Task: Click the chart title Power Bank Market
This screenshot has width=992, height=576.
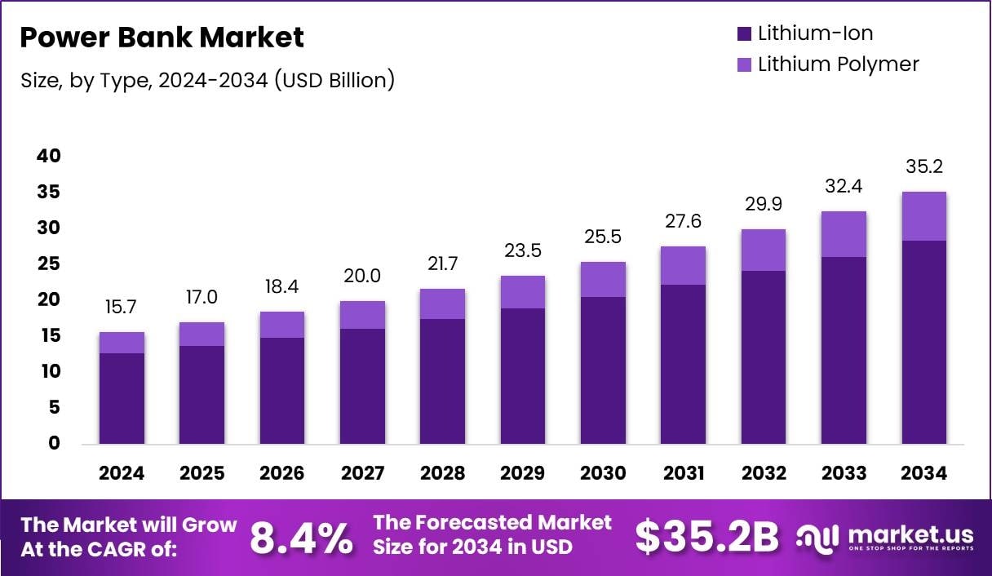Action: tap(162, 38)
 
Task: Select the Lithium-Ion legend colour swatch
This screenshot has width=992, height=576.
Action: tap(743, 34)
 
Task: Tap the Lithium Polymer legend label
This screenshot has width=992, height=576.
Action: tap(838, 64)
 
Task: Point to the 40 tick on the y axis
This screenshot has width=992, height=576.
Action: tap(49, 156)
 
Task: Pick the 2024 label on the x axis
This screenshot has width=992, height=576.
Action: tap(122, 474)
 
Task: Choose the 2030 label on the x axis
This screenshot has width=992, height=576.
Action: tap(603, 474)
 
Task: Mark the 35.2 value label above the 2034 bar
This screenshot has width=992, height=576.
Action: tap(923, 167)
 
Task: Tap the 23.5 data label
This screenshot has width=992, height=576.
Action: tap(523, 251)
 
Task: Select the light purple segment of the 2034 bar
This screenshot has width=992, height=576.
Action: tap(923, 216)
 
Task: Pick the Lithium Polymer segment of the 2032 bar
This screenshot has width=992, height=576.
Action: tap(764, 250)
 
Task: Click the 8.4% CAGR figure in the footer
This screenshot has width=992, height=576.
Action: tap(301, 537)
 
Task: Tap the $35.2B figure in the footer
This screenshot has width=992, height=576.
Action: tap(706, 537)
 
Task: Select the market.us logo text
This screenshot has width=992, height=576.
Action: tap(910, 535)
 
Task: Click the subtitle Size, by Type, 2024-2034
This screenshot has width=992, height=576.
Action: tap(207, 81)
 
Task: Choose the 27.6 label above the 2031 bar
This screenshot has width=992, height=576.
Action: tap(683, 222)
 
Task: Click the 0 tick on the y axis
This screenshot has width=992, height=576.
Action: tap(55, 443)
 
